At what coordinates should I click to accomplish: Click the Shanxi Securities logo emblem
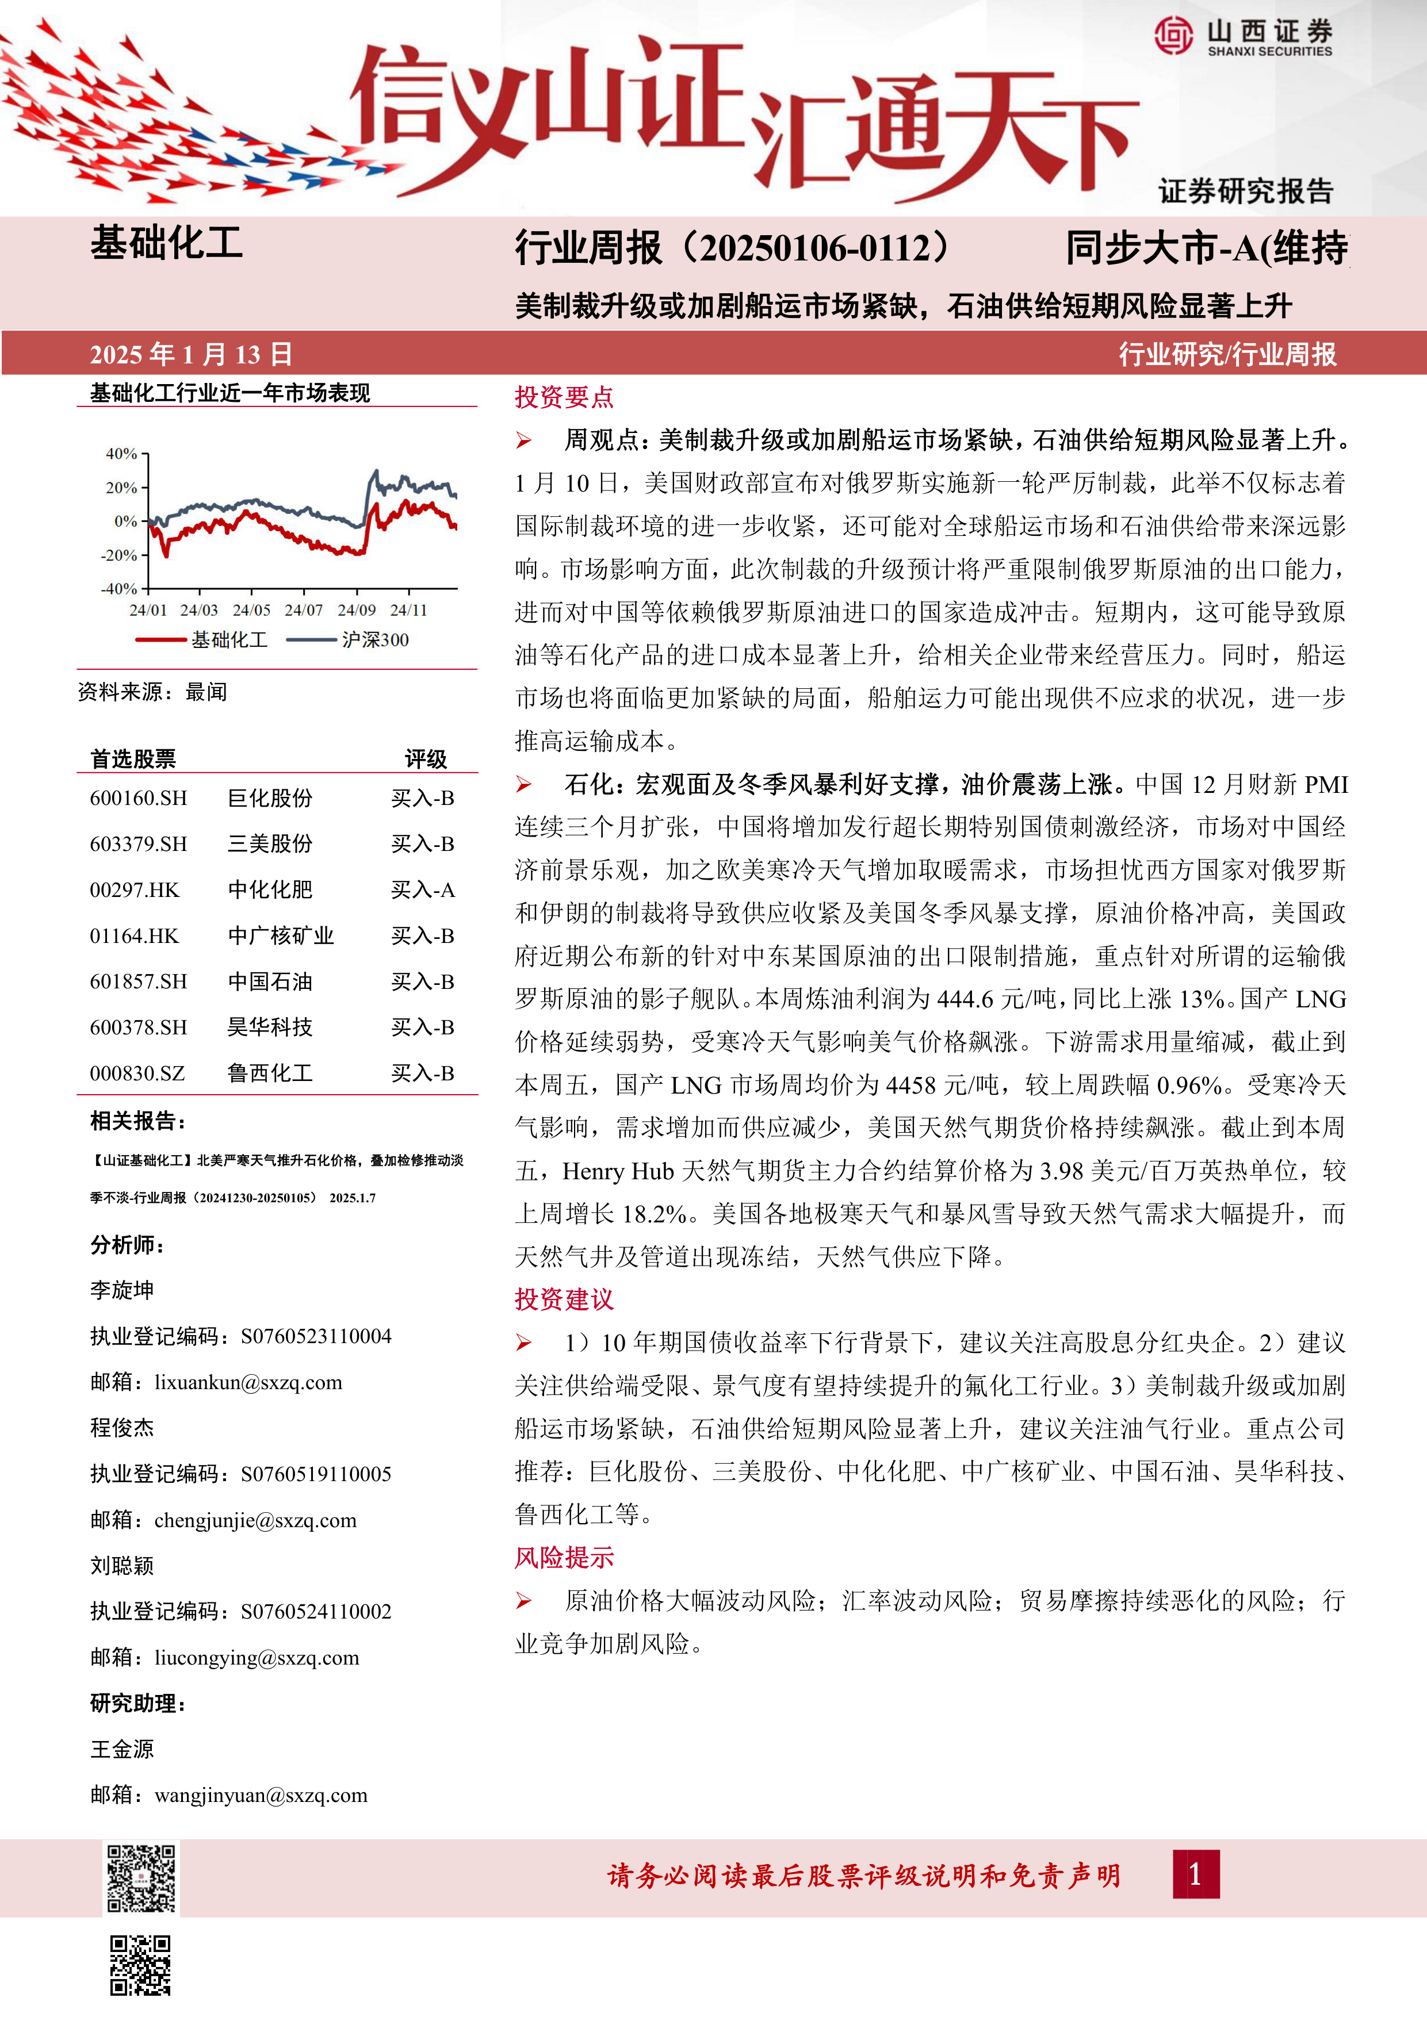pyautogui.click(x=1174, y=36)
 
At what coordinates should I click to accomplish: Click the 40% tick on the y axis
pyautogui.click(x=122, y=454)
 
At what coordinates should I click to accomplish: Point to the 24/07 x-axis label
pyautogui.click(x=303, y=609)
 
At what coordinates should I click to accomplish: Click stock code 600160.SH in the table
pyautogui.click(x=138, y=799)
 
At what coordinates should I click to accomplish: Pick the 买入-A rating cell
pyautogui.click(x=423, y=890)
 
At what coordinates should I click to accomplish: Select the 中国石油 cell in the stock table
pyautogui.click(x=270, y=981)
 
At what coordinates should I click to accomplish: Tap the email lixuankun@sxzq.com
pyautogui.click(x=248, y=1382)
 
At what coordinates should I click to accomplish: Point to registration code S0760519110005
pyautogui.click(x=315, y=1474)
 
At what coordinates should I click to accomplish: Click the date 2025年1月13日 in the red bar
pyautogui.click(x=191, y=354)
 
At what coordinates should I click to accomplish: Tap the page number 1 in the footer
pyautogui.click(x=1195, y=1874)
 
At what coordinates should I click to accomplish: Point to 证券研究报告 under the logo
pyautogui.click(x=1245, y=191)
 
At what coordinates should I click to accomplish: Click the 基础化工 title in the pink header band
pyautogui.click(x=167, y=243)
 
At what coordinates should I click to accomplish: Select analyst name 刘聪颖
pyautogui.click(x=122, y=1566)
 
